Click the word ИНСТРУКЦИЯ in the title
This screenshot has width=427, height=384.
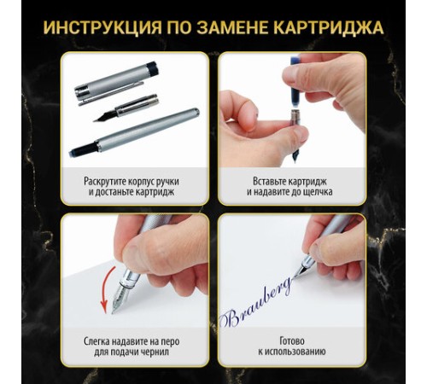click(102, 27)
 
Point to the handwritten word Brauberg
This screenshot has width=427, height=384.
click(256, 303)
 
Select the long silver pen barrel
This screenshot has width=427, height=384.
click(134, 132)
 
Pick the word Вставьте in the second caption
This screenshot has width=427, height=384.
click(270, 181)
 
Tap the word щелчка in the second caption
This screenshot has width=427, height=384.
click(319, 192)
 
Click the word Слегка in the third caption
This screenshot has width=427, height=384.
click(97, 341)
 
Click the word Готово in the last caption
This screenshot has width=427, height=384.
click(292, 340)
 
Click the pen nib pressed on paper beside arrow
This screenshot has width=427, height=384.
click(120, 299)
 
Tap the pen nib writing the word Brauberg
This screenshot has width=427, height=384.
click(300, 271)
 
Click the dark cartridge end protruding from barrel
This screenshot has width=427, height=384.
click(83, 150)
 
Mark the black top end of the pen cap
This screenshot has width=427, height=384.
click(153, 68)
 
